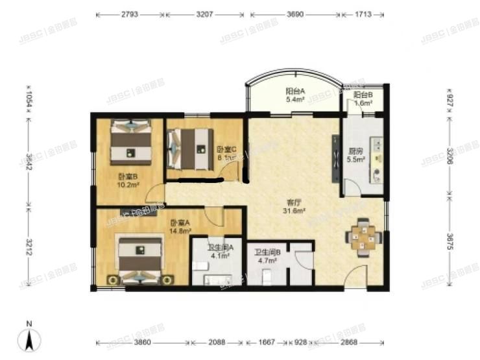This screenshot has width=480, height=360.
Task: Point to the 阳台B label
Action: click(363, 95)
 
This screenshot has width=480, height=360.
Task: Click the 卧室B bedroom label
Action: click(127, 176)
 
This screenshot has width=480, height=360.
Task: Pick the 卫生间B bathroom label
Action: click(266, 252)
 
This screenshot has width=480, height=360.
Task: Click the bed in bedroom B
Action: click(132, 142)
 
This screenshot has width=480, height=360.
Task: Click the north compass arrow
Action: click(29, 338)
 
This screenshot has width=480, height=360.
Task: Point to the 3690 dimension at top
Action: click(294, 13)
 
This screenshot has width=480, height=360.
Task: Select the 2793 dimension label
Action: click(130, 13)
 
